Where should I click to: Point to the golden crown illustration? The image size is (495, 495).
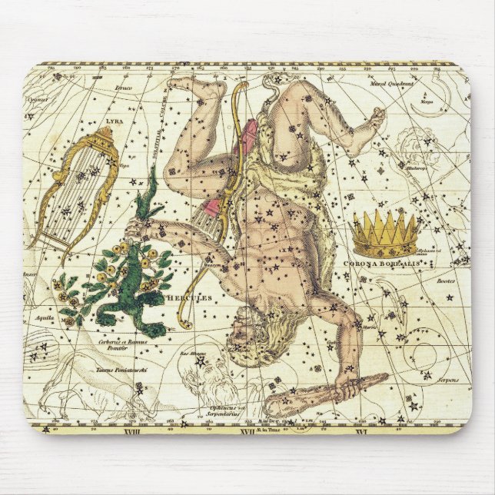pyautogui.click(x=385, y=234)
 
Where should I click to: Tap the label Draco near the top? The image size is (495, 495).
pyautogui.click(x=122, y=88)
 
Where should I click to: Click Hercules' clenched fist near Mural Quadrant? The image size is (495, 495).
pyautogui.click(x=377, y=119)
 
